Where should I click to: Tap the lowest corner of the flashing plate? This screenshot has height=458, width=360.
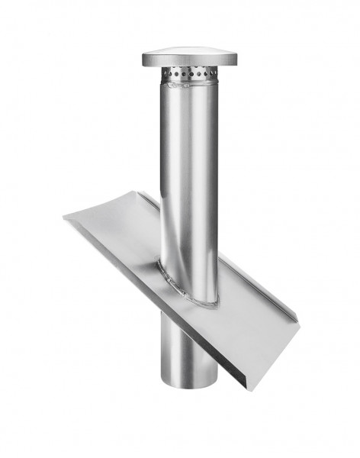pyautogui.click(x=247, y=390)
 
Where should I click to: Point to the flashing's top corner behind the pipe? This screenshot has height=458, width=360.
pyautogui.click(x=140, y=192)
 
